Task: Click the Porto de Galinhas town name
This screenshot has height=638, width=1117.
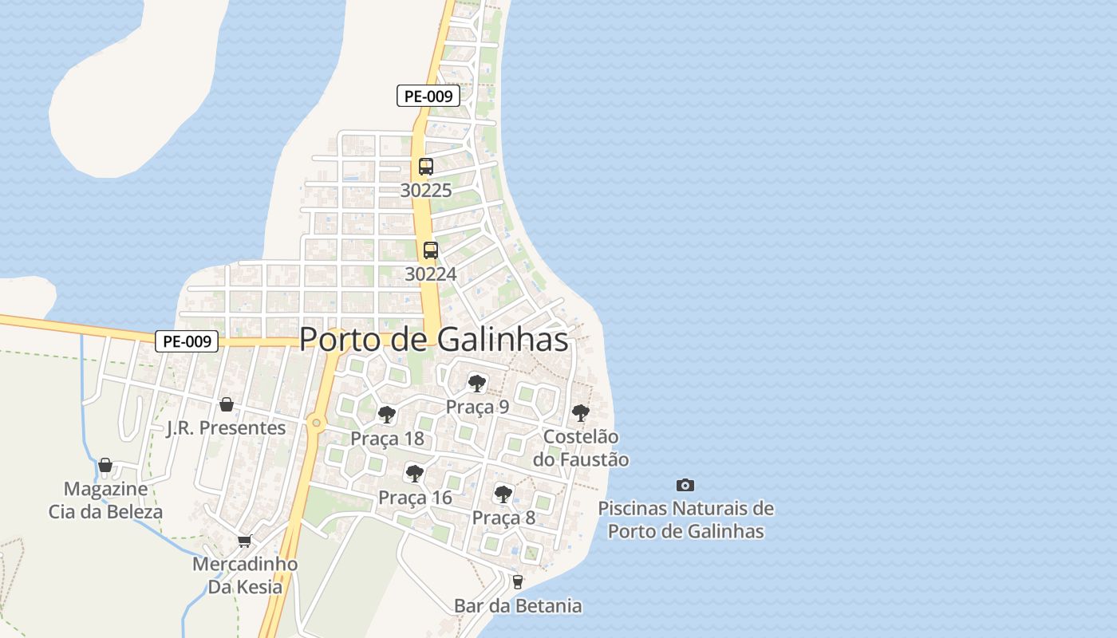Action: point(433,340)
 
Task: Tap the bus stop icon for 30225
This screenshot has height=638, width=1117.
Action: point(426,167)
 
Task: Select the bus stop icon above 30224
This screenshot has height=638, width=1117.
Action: point(431,250)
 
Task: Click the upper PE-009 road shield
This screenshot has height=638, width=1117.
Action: point(428,96)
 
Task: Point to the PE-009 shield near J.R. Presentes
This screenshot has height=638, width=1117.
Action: point(186,341)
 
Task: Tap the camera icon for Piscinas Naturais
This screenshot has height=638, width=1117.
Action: point(685,485)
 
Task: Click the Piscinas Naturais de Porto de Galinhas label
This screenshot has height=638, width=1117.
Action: point(685,519)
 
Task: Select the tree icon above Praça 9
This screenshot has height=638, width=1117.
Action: point(477,384)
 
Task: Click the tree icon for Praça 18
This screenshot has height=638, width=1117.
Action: point(387,415)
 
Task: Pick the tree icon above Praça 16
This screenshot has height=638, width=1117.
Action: point(414,474)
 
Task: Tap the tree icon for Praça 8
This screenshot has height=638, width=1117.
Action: point(503,494)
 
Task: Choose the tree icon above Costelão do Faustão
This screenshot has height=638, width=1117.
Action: point(581,413)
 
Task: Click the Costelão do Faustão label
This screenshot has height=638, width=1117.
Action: point(581,448)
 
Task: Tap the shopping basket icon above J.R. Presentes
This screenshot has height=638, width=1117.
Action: point(227,404)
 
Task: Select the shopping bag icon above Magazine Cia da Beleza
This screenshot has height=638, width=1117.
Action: point(105,465)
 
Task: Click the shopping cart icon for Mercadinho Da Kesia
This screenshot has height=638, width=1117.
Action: point(244,541)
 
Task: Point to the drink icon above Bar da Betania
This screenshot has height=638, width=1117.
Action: point(518,582)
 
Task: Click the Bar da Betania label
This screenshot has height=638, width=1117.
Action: point(518,606)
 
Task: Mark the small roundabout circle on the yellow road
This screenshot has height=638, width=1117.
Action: point(317,423)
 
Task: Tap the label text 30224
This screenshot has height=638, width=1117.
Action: point(431,274)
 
